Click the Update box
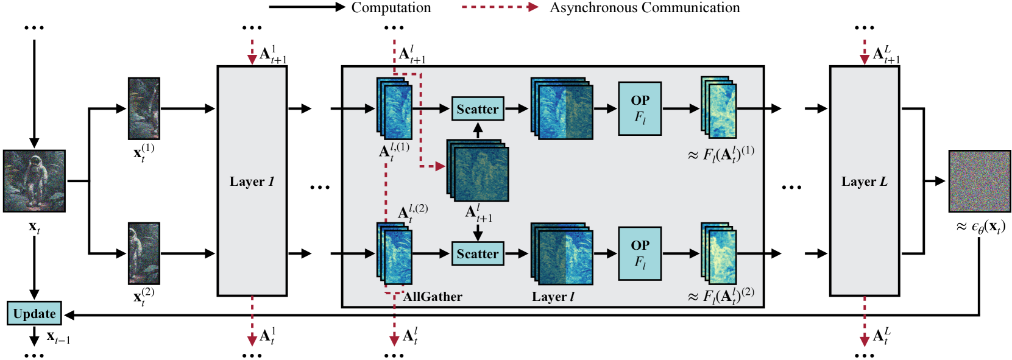pyautogui.click(x=34, y=313)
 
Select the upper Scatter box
pyautogui.click(x=478, y=108)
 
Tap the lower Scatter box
pyautogui.click(x=478, y=253)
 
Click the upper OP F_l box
pyautogui.click(x=640, y=108)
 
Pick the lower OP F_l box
pyautogui.click(x=640, y=253)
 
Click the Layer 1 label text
pyautogui.click(x=252, y=182)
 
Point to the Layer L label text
pyautogui.click(x=865, y=182)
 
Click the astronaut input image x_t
pyautogui.click(x=34, y=181)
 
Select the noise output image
pyautogui.click(x=980, y=181)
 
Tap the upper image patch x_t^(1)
pyautogui.click(x=144, y=108)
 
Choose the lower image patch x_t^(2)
pyautogui.click(x=144, y=253)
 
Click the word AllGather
pyautogui.click(x=433, y=297)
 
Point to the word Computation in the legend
pyautogui.click(x=391, y=8)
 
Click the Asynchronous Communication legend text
pyautogui.click(x=645, y=8)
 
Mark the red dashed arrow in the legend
pyautogui.click(x=500, y=7)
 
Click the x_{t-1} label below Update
pyautogui.click(x=58, y=337)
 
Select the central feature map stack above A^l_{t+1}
pyautogui.click(x=478, y=171)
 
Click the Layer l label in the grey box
pyautogui.click(x=553, y=297)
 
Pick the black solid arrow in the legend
pyautogui.click(x=307, y=7)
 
